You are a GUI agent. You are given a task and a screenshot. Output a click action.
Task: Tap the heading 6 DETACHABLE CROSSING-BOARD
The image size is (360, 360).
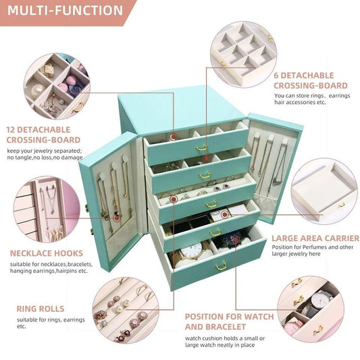[x=310, y=80]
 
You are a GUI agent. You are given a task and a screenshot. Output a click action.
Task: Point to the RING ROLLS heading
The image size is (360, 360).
[x=41, y=309]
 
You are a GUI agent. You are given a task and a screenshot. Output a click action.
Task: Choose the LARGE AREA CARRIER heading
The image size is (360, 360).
[x=315, y=238]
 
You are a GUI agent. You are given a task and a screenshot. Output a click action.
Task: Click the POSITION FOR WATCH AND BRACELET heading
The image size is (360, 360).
[x=230, y=321]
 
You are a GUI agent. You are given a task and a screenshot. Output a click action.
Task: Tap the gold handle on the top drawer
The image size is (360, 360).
[x=201, y=148]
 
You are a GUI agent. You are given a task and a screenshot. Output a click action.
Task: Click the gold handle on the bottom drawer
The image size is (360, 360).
[x=221, y=266]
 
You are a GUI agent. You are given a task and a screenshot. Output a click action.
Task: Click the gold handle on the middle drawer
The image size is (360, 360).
[x=211, y=203]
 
